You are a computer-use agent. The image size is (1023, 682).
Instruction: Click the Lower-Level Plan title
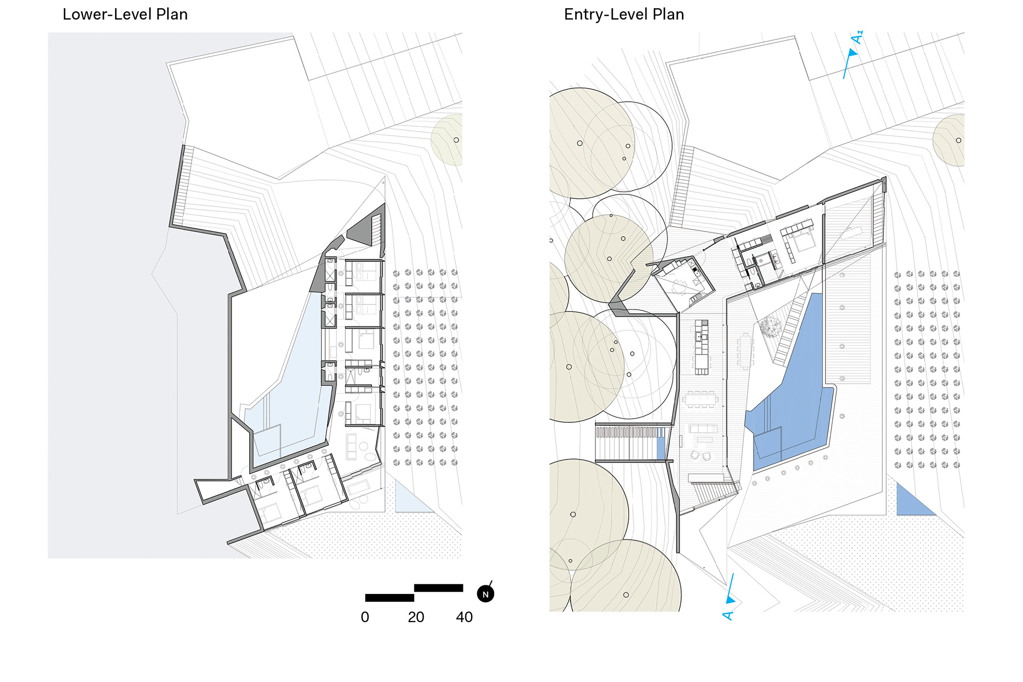125,14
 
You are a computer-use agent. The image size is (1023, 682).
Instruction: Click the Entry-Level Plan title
624,14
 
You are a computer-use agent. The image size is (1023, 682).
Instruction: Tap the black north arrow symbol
485,594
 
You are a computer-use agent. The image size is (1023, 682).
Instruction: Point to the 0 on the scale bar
365,617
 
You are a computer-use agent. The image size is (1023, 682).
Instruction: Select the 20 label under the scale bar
416,617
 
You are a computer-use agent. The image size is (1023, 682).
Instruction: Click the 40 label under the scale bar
464,617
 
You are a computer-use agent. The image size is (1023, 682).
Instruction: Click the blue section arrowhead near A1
852,53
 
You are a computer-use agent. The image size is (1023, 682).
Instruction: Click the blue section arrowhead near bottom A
730,599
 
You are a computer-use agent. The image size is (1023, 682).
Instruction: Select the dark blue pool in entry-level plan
798,399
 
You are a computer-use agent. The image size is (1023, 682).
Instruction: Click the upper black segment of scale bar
438,588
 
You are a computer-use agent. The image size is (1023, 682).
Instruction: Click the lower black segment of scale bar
389,598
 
